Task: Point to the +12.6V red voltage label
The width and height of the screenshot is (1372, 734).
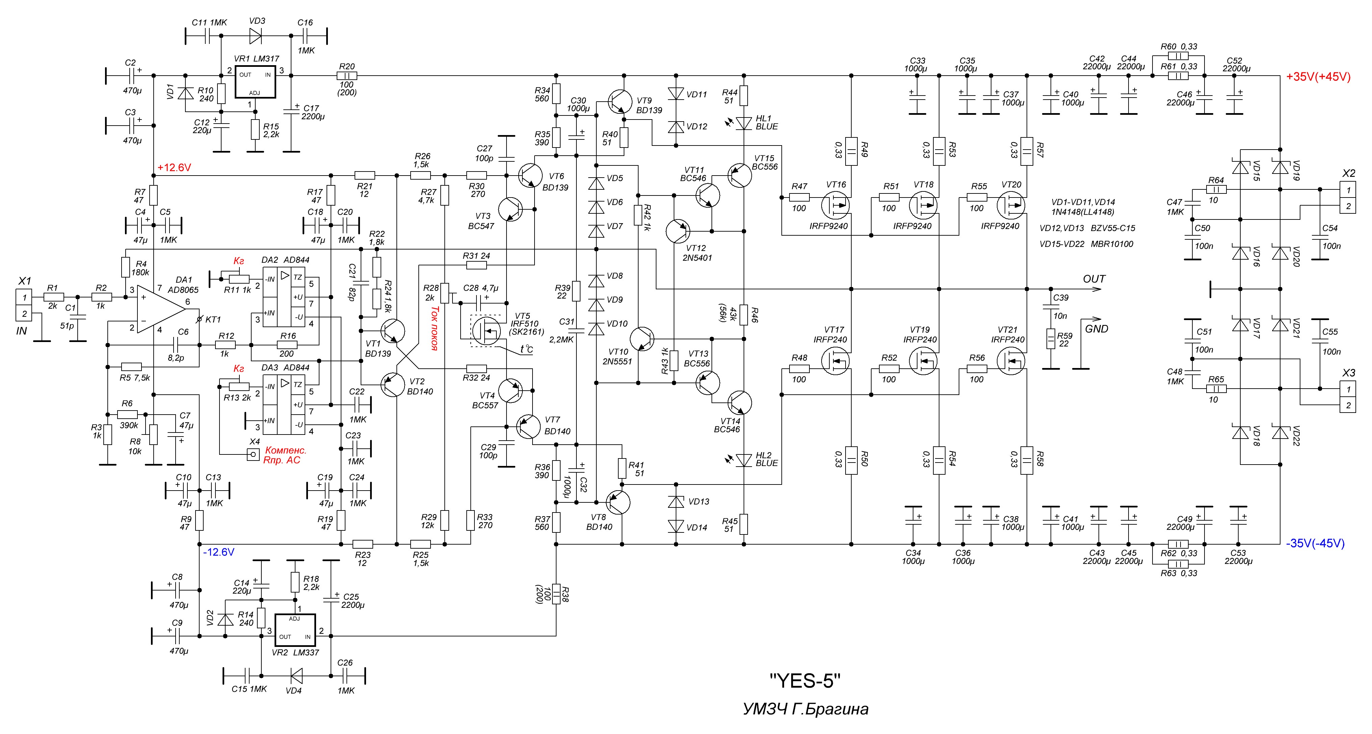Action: (174, 168)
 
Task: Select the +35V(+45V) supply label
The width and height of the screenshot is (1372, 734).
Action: (1318, 77)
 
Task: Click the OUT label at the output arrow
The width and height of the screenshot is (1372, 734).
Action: (1094, 279)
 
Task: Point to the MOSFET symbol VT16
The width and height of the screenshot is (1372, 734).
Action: (835, 205)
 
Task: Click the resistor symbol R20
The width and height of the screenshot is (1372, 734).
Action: (347, 76)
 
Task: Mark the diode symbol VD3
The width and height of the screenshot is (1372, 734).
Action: (256, 36)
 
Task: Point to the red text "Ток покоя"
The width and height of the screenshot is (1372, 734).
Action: (434, 328)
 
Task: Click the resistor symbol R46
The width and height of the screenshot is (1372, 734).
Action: (744, 315)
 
